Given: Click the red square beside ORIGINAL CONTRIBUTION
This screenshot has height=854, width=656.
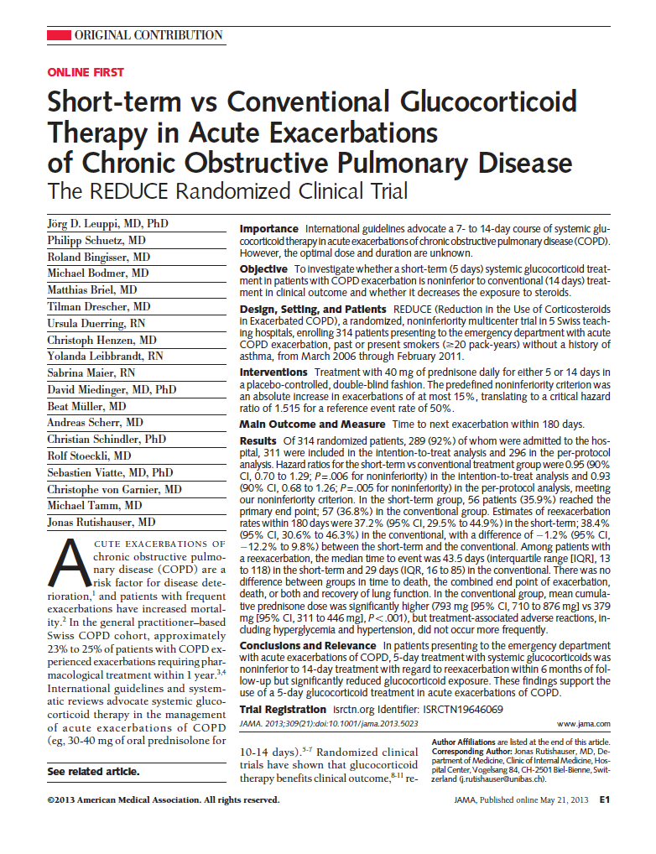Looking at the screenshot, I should pos(58,35).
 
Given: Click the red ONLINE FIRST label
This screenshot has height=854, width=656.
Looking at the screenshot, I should pos(86,73).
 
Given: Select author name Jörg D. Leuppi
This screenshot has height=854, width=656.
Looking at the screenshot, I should pos(95,225).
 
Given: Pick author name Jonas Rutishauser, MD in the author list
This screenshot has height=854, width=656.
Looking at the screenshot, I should pos(101,522).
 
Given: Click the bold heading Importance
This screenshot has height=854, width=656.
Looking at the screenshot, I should pos(268,229).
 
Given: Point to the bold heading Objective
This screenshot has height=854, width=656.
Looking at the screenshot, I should pos(264,269).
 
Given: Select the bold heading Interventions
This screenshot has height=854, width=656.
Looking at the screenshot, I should pos(273,372).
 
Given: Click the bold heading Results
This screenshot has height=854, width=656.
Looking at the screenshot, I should pos(258,441).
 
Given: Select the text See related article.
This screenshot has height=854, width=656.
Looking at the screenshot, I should pos(93,772).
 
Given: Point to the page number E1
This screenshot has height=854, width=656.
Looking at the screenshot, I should pos(604,800).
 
